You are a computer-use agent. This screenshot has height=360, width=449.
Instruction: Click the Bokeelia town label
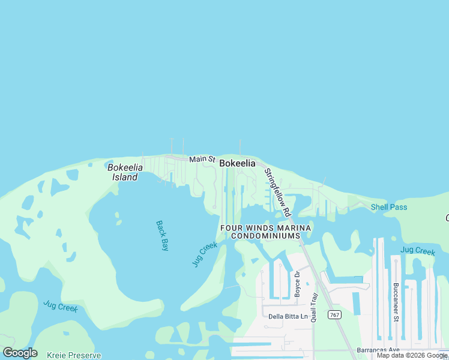click(237, 163)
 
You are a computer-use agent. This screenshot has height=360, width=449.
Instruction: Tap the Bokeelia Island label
click(123, 172)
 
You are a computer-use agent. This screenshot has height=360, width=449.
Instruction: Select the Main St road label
click(202, 159)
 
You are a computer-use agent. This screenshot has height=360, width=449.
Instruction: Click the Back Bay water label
click(162, 235)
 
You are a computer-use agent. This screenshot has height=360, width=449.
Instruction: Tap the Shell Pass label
click(388, 208)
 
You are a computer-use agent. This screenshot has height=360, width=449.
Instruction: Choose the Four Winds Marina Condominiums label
click(265, 232)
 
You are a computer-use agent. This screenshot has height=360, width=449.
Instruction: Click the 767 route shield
click(334, 315)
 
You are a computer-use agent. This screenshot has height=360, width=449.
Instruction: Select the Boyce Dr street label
click(297, 284)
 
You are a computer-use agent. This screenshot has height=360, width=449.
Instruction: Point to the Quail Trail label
click(313, 308)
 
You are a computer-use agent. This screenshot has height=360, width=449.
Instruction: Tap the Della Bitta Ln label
click(288, 316)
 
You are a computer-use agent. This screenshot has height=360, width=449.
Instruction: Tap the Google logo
click(20, 353)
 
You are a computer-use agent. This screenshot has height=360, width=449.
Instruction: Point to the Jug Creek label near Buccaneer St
click(417, 251)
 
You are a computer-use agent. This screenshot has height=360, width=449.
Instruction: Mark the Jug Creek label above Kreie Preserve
click(61, 307)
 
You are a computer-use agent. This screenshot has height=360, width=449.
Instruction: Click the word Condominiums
click(265, 236)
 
